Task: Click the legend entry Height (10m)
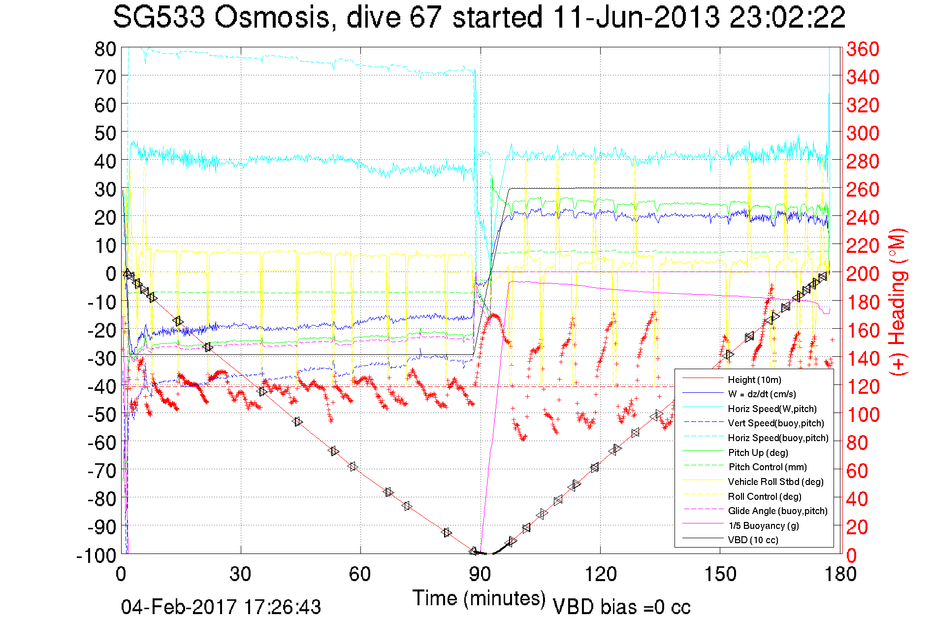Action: (754, 380)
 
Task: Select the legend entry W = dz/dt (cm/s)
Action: (762, 394)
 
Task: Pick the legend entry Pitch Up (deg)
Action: (758, 452)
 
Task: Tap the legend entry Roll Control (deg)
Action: (764, 496)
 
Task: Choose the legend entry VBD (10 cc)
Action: (753, 540)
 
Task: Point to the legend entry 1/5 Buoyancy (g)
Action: (763, 525)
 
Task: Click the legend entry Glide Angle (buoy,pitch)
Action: (777, 511)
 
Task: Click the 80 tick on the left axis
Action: (105, 49)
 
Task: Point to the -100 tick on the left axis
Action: (96, 555)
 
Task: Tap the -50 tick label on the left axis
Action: (102, 415)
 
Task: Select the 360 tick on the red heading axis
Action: (863, 49)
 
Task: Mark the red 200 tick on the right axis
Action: (863, 274)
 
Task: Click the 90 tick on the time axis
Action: (480, 574)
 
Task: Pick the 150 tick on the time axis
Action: (720, 574)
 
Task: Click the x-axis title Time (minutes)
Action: (479, 598)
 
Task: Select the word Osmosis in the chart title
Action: (272, 17)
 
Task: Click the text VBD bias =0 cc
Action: (621, 607)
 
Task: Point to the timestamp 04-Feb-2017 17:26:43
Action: (221, 607)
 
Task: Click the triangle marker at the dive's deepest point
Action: (474, 551)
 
